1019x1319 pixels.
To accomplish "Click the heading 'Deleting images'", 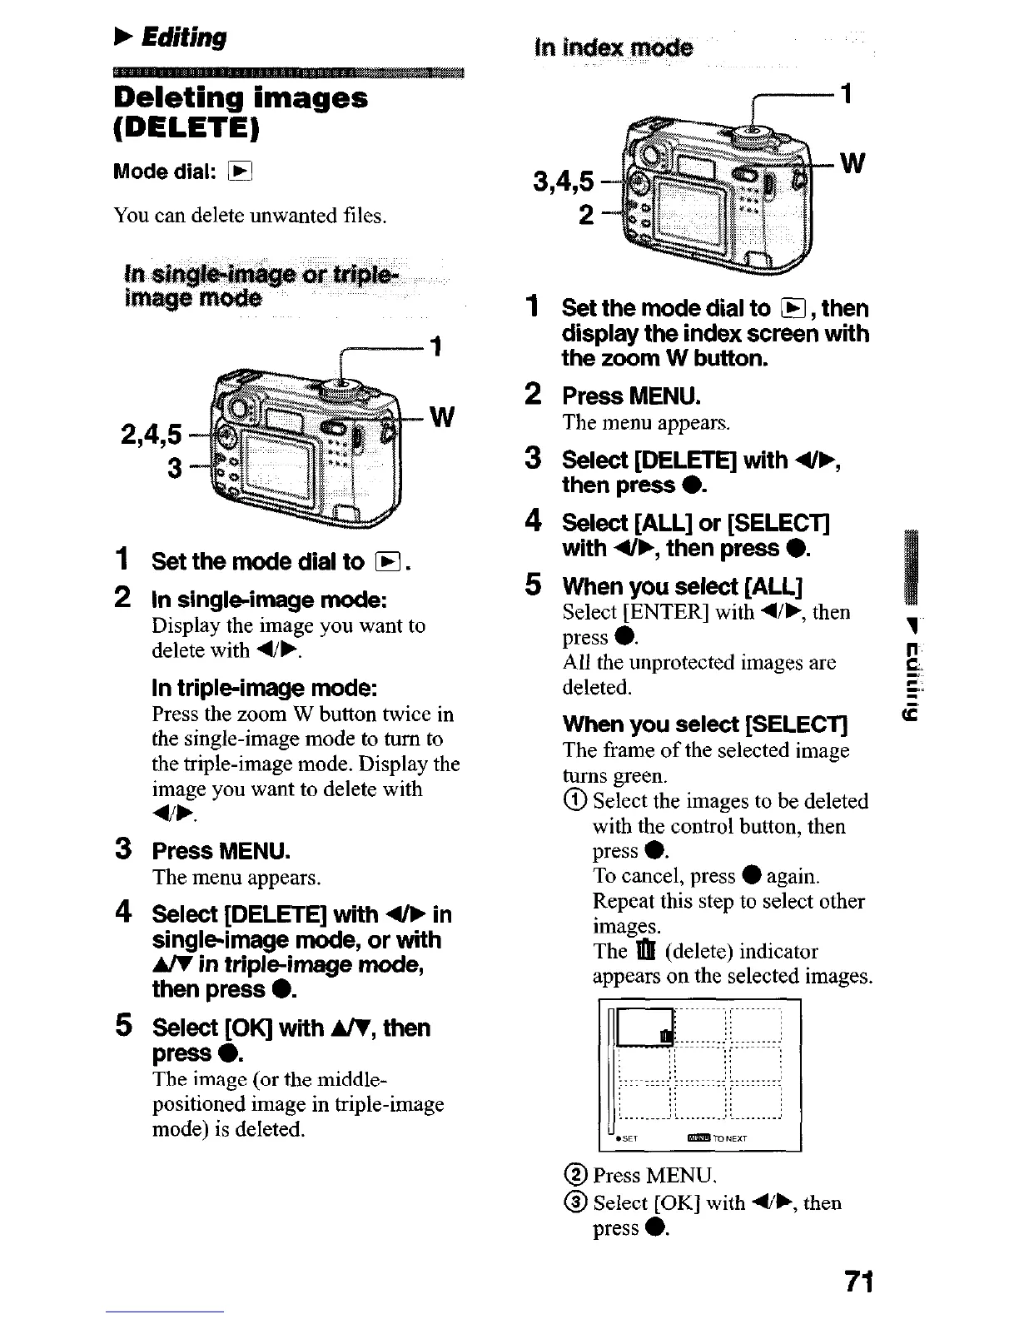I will (x=241, y=98).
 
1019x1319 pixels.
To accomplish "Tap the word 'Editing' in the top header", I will (x=184, y=37).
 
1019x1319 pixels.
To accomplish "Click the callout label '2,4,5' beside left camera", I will (x=151, y=433).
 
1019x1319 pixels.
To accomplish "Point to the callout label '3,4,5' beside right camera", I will (x=564, y=181).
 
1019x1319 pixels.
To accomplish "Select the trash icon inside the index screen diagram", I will (x=665, y=1035).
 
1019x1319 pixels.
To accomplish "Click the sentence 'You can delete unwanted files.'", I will (x=250, y=216).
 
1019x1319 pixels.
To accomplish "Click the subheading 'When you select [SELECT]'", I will (x=704, y=724).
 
